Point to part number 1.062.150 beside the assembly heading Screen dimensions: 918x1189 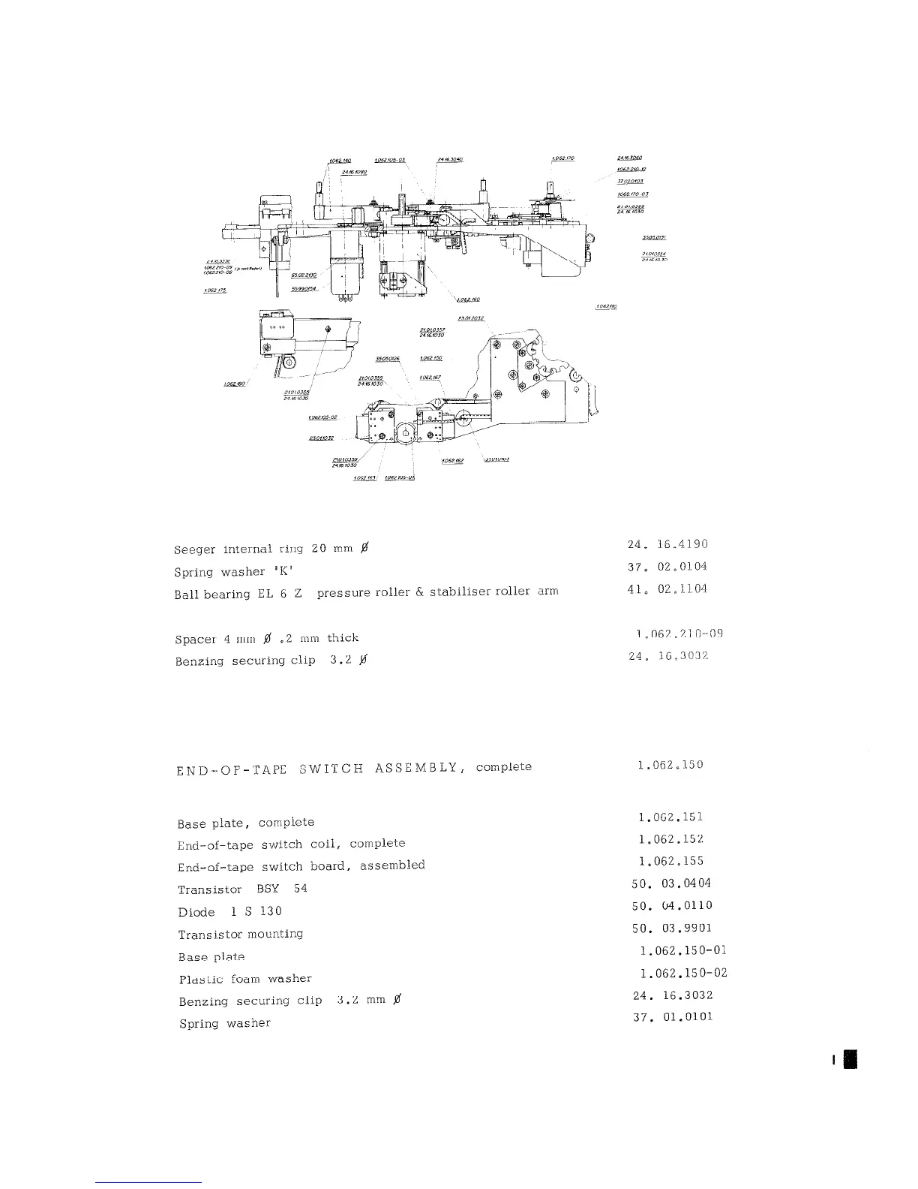pyautogui.click(x=670, y=766)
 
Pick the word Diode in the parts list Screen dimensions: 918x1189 pyautogui.click(x=196, y=912)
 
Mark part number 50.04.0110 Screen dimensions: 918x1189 pyautogui.click(x=672, y=906)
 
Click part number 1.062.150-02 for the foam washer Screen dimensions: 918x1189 pyautogui.click(x=683, y=974)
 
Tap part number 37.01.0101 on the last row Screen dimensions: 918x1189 pyautogui.click(x=673, y=1017)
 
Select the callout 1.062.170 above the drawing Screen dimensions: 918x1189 pyautogui.click(x=562, y=158)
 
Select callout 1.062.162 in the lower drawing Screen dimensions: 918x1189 pyautogui.click(x=452, y=461)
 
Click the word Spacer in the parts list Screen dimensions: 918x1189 pyautogui.click(x=195, y=640)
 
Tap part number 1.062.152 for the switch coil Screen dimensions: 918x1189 pyautogui.click(x=670, y=839)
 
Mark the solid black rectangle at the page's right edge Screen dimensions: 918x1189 pyautogui.click(x=850, y=1058)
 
